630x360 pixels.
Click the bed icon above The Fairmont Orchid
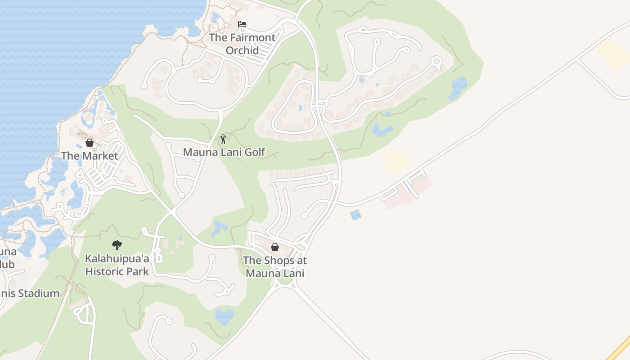[x=242, y=24]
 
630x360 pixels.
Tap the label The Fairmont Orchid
[x=242, y=44]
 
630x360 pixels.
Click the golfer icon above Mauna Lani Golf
[x=223, y=139]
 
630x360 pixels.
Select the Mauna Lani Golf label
[x=224, y=152]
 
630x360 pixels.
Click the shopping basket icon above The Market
[x=90, y=143]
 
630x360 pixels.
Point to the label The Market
[x=90, y=156]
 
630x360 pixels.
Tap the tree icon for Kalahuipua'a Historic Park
[x=117, y=245]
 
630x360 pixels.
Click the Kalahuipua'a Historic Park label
[x=117, y=265]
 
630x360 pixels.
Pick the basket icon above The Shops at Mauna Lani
[x=275, y=247]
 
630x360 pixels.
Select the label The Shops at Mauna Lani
[x=275, y=266]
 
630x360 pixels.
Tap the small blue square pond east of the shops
[x=355, y=215]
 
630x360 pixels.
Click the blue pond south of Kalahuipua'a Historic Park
[x=225, y=315]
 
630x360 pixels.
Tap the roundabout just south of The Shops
[x=284, y=280]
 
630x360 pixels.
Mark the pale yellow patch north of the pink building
[x=398, y=163]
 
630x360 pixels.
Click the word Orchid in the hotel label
[x=242, y=50]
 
